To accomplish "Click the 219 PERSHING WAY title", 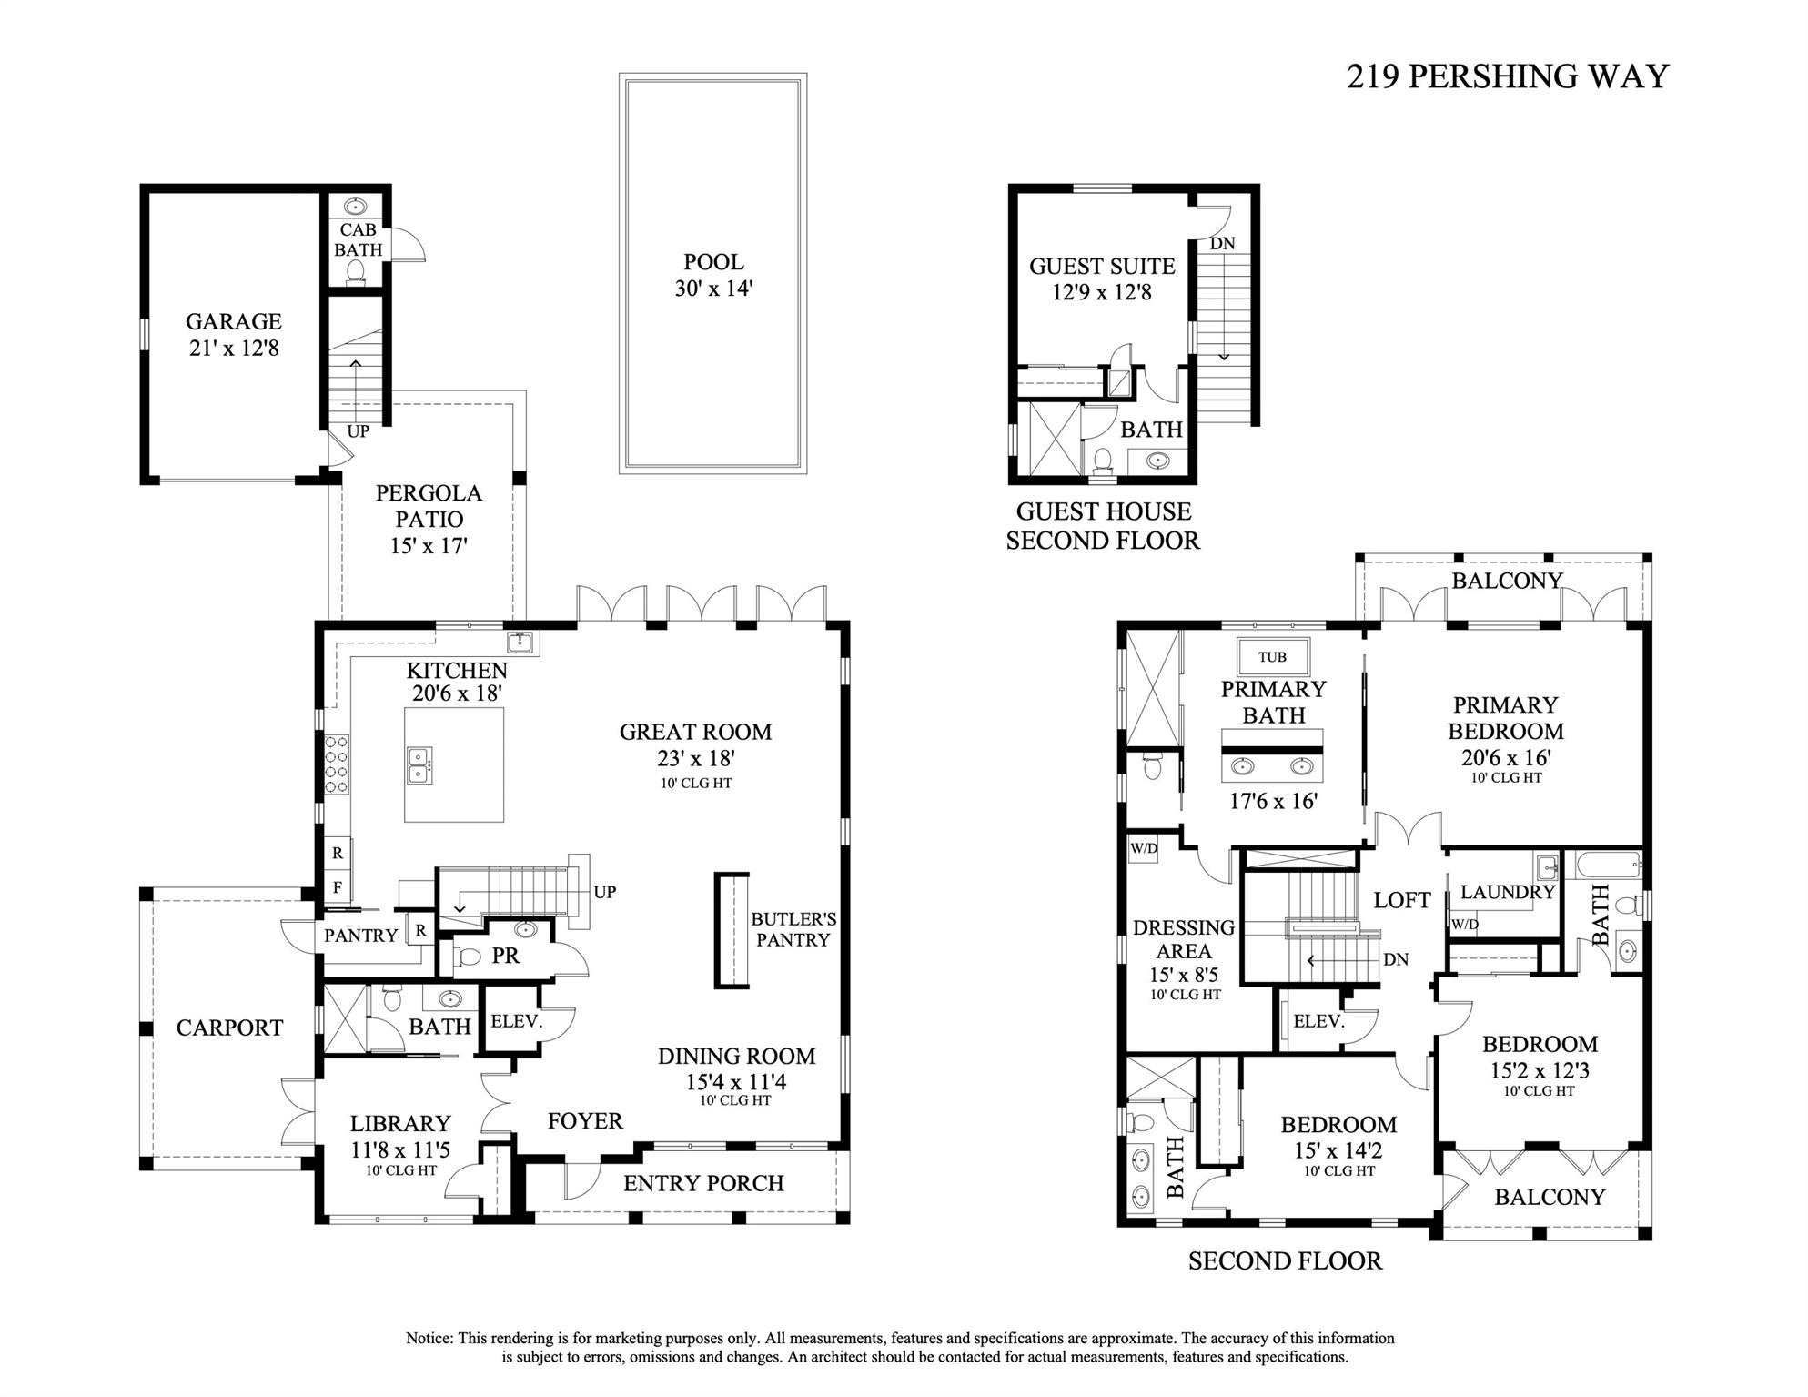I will click(x=1507, y=76).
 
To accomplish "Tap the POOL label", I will click(x=713, y=262).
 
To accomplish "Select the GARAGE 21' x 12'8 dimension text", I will click(x=234, y=348).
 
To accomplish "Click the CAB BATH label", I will click(x=358, y=240).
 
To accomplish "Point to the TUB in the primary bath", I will click(x=1272, y=657).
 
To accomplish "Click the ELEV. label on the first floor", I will click(x=516, y=1021).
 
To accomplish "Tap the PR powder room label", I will click(x=505, y=956).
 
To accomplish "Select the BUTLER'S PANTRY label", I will click(x=793, y=929).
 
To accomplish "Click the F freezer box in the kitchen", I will click(x=338, y=886).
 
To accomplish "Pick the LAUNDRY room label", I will click(x=1507, y=892).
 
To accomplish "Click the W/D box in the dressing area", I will click(x=1144, y=848).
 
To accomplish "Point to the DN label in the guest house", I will click(x=1222, y=244).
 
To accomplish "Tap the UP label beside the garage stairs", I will click(x=358, y=431).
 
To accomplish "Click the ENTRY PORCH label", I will click(x=703, y=1183).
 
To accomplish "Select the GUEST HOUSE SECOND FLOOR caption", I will click(x=1103, y=525).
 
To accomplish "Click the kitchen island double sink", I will click(x=419, y=765).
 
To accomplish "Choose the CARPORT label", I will click(x=229, y=1028).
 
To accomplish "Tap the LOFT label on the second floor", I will click(x=1401, y=900).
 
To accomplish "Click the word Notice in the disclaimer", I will click(x=429, y=1338).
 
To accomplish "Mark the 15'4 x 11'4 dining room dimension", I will click(x=735, y=1082).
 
